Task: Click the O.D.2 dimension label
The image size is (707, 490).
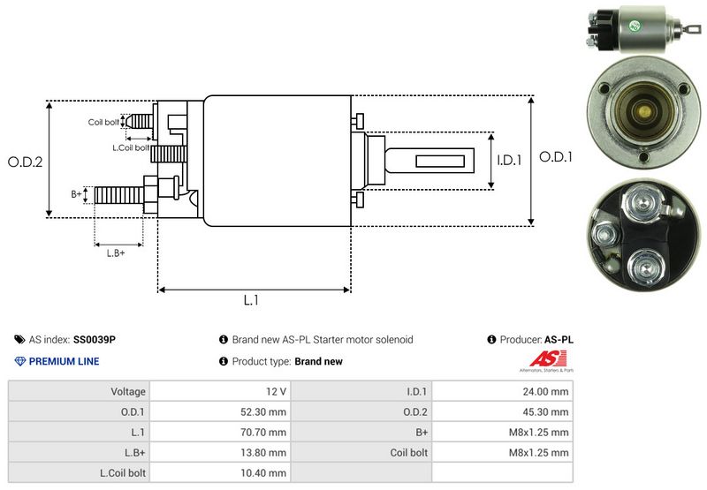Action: click(26, 162)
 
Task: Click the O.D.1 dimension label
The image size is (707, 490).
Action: click(557, 157)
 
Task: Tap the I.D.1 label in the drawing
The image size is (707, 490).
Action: click(510, 161)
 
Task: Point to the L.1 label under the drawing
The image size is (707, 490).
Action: click(251, 300)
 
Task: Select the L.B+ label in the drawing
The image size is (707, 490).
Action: click(116, 253)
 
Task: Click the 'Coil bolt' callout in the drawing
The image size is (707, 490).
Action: click(103, 122)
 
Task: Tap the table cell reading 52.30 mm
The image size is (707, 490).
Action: click(266, 411)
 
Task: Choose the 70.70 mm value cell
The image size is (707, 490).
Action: click(266, 432)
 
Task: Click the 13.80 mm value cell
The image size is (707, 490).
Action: click(266, 452)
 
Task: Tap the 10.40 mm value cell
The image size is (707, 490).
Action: click(266, 472)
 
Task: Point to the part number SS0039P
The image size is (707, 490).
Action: click(95, 339)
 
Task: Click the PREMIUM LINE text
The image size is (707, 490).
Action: click(64, 361)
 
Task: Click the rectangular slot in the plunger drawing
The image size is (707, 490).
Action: click(441, 162)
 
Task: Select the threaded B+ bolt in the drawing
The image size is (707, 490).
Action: click(118, 194)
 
